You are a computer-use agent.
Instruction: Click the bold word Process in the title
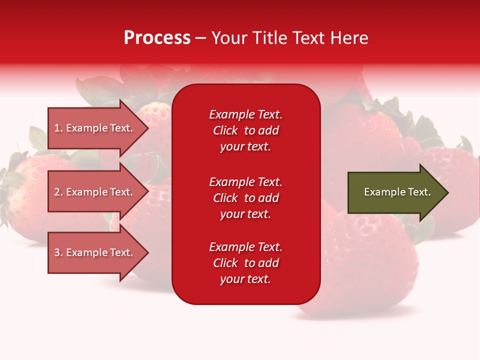pos(157,38)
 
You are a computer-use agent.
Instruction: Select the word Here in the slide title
pos(349,38)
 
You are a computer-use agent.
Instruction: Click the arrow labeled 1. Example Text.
pos(98,128)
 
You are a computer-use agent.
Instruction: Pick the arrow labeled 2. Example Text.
pos(98,192)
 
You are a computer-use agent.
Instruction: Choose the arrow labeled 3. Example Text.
pos(98,252)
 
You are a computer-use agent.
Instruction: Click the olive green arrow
pos(398,192)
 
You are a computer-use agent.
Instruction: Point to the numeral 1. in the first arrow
pos(58,128)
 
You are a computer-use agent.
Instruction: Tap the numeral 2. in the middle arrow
pos(58,192)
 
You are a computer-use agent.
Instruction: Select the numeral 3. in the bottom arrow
pos(58,252)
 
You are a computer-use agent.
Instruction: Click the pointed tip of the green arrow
pos(448,192)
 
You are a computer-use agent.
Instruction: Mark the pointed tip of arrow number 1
pos(148,128)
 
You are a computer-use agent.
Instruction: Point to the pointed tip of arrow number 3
pos(148,252)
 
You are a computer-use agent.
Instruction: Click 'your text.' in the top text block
pos(245,147)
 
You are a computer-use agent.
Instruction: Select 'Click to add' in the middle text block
pos(246,198)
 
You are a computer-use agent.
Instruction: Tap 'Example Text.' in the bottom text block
pos(246,246)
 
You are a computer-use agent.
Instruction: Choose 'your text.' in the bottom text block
pos(245,279)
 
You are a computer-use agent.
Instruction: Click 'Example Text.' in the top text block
pos(246,114)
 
